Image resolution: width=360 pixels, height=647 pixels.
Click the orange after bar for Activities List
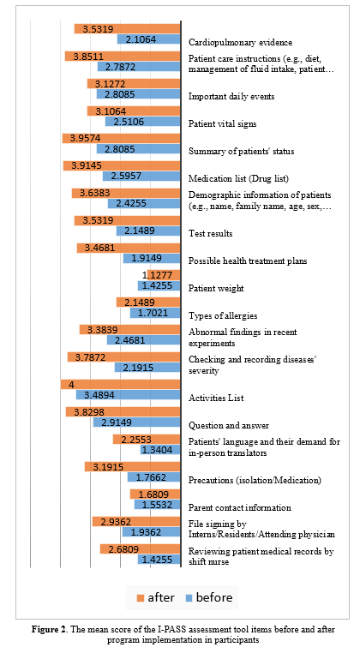coord(121,385)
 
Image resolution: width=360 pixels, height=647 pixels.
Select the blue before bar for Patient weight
coord(159,285)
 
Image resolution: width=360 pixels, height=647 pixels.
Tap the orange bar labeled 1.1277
coord(164,275)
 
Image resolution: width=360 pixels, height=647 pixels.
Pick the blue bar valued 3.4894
coord(129,395)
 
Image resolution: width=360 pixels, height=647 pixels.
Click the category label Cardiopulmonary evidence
coord(240,43)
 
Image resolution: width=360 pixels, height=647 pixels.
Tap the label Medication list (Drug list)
coord(238,179)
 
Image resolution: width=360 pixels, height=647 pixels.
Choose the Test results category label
coord(211,234)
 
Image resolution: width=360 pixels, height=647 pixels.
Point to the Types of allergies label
coord(223,316)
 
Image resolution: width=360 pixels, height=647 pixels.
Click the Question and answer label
coord(225,425)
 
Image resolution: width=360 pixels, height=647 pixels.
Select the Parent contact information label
coord(240,507)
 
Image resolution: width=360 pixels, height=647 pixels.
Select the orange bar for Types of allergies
coord(148,303)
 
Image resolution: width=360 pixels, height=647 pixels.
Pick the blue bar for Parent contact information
coord(158,504)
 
